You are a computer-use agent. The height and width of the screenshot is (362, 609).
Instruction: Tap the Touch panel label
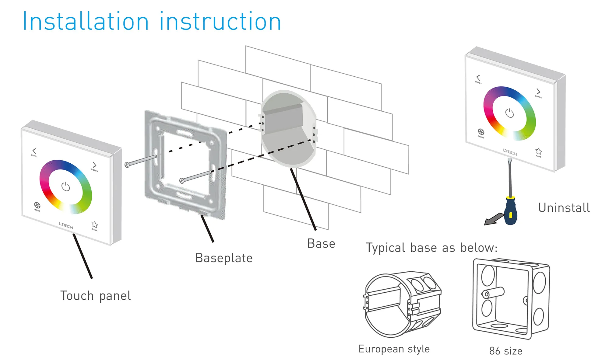pyautogui.click(x=95, y=296)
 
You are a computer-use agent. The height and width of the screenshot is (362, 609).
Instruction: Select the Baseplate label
pyautogui.click(x=224, y=258)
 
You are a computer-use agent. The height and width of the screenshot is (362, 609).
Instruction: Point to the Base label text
pyautogui.click(x=321, y=244)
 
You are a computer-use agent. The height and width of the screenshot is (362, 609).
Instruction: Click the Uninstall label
pyautogui.click(x=564, y=208)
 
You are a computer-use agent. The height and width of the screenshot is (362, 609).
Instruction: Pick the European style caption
pyautogui.click(x=394, y=349)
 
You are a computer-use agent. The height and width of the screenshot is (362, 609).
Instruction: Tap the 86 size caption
pyautogui.click(x=506, y=351)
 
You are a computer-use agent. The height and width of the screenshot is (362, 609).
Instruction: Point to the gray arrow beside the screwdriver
pyautogui.click(x=493, y=219)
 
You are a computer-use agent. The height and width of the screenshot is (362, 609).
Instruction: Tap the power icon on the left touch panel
pyautogui.click(x=66, y=186)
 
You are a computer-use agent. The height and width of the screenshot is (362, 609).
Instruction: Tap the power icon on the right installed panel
pyautogui.click(x=509, y=113)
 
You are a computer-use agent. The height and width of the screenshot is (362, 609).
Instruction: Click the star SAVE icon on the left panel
pyautogui.click(x=95, y=225)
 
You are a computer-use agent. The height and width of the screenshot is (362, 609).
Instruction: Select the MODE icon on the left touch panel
pyautogui.click(x=37, y=205)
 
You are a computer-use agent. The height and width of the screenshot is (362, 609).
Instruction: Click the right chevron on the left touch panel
pyautogui.click(x=94, y=165)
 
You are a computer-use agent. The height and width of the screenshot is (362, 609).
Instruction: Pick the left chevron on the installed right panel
pyautogui.click(x=478, y=78)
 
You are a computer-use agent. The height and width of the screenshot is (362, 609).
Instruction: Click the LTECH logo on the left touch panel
pyautogui.click(x=66, y=225)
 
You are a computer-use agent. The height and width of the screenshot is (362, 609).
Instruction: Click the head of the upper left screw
pyautogui.click(x=127, y=165)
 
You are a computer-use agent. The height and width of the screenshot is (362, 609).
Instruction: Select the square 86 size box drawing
pyautogui.click(x=511, y=298)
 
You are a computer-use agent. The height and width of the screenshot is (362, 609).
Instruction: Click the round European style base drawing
pyautogui.click(x=402, y=304)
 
